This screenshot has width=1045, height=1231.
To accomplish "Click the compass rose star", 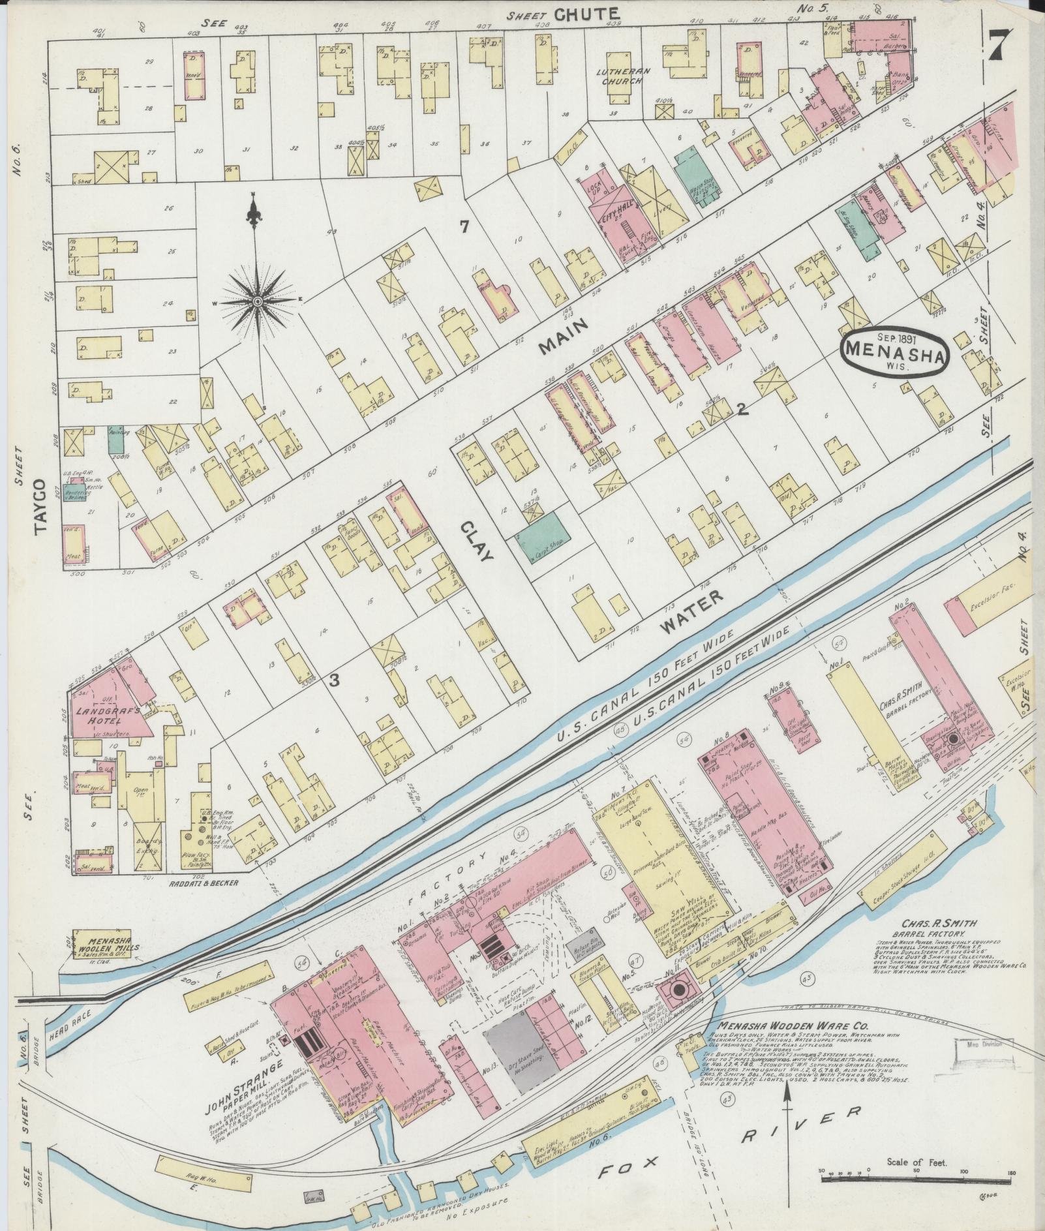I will coord(258,301).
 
